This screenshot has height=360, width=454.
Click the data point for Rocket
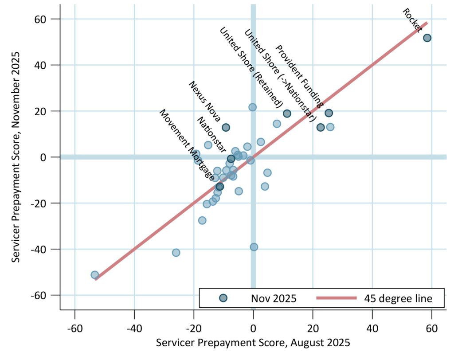pos(427,38)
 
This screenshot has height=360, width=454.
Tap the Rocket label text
pos(412,19)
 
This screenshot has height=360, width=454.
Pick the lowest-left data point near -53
pos(94,275)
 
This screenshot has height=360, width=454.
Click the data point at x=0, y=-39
pos(254,247)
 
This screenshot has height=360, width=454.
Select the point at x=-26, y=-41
pos(176,253)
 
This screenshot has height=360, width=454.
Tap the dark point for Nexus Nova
pos(226,128)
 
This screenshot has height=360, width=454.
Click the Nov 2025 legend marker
pos(223,298)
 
